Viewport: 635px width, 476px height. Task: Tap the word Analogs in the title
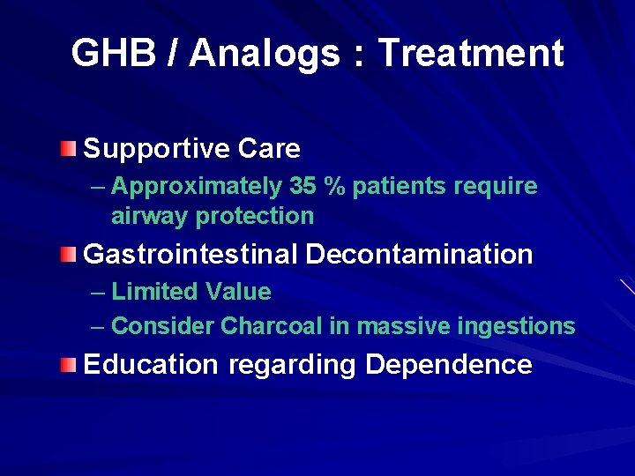(x=265, y=54)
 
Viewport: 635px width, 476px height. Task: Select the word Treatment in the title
(x=471, y=54)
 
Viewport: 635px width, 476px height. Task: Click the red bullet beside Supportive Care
(x=69, y=147)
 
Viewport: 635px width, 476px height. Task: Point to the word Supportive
(x=156, y=149)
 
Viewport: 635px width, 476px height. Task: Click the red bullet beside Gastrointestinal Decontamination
(x=69, y=255)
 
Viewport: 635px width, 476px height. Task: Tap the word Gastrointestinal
(x=190, y=255)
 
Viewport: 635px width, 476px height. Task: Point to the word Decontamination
(x=419, y=255)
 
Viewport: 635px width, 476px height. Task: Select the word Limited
(x=155, y=292)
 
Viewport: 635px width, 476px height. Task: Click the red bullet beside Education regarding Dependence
(x=69, y=364)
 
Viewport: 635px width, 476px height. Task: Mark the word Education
(x=150, y=365)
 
